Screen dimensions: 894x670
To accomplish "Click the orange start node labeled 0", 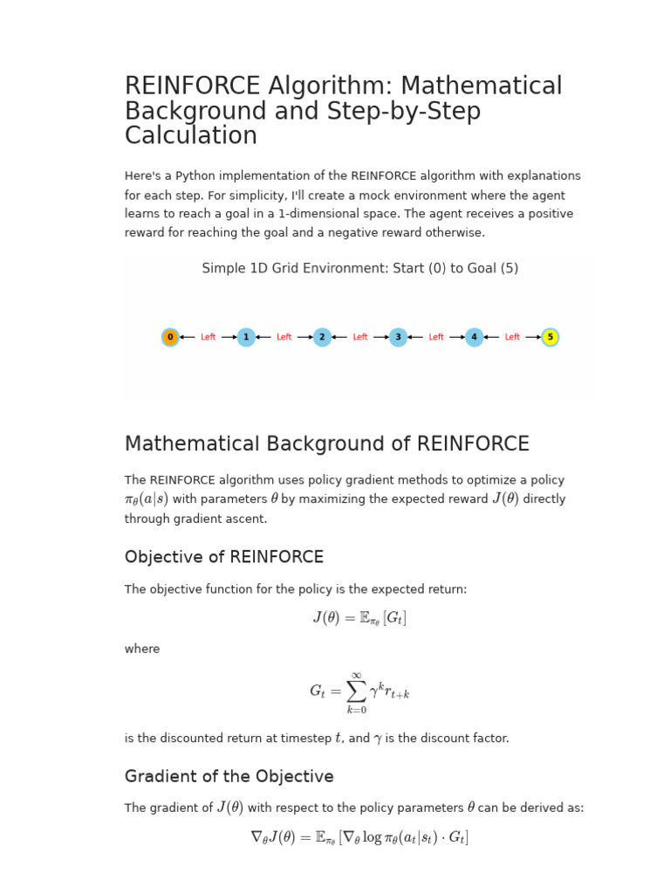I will point(170,337).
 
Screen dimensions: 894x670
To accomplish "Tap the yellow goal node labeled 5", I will point(550,337).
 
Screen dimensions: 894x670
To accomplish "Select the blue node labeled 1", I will point(246,337).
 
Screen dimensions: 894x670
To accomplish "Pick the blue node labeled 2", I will point(322,337).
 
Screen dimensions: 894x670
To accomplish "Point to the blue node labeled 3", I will point(398,337).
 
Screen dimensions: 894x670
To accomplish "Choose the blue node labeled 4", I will point(474,337).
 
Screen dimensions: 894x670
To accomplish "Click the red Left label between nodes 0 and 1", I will point(208,337).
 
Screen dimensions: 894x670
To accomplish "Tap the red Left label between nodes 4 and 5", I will point(512,337).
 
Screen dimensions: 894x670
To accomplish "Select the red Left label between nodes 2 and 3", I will point(360,337).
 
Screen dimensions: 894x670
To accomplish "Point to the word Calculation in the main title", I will point(191,136).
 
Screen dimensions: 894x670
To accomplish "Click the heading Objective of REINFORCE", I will point(224,557).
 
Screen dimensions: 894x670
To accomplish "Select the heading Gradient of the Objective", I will point(229,776).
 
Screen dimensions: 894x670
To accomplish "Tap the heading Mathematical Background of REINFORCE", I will point(327,444).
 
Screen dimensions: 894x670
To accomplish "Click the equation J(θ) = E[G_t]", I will point(359,618).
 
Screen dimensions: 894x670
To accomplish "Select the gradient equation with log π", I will point(359,837).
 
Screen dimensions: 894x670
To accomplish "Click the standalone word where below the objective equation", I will point(142,650).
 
